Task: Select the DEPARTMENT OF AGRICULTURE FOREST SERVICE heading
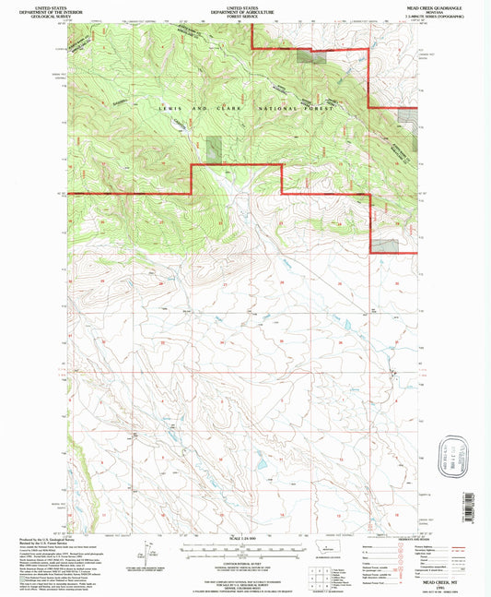245,10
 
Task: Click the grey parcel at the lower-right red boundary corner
384,245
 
